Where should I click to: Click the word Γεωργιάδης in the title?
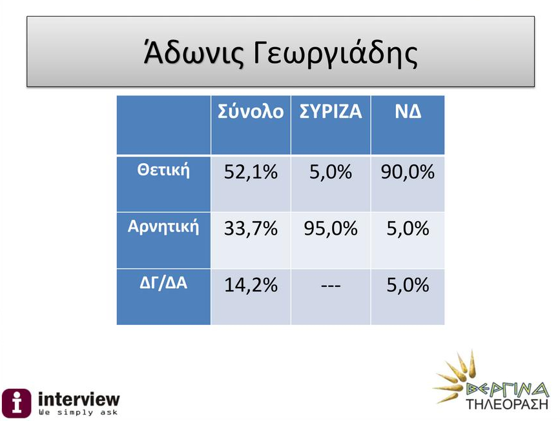click(x=335, y=54)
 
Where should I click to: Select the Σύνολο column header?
click(x=251, y=112)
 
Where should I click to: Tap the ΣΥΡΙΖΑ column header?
click(x=331, y=112)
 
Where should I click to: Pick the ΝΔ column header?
click(x=408, y=112)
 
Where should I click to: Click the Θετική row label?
click(x=163, y=170)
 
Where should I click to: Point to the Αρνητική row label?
click(x=163, y=227)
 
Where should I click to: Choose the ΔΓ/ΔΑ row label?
click(x=163, y=283)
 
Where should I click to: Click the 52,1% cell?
click(x=251, y=172)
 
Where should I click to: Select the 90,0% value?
click(x=408, y=172)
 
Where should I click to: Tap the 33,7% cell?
click(x=251, y=228)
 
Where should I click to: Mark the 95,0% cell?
click(x=331, y=228)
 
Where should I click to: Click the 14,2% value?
click(x=251, y=285)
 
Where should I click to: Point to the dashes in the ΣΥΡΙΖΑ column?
click(x=331, y=286)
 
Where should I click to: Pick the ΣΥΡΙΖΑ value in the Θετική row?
click(x=331, y=172)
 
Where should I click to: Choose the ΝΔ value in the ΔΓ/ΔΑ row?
click(x=408, y=285)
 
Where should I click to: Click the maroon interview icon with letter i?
click(x=16, y=403)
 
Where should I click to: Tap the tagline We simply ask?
click(x=78, y=413)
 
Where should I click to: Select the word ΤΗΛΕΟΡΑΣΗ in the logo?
click(x=507, y=404)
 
